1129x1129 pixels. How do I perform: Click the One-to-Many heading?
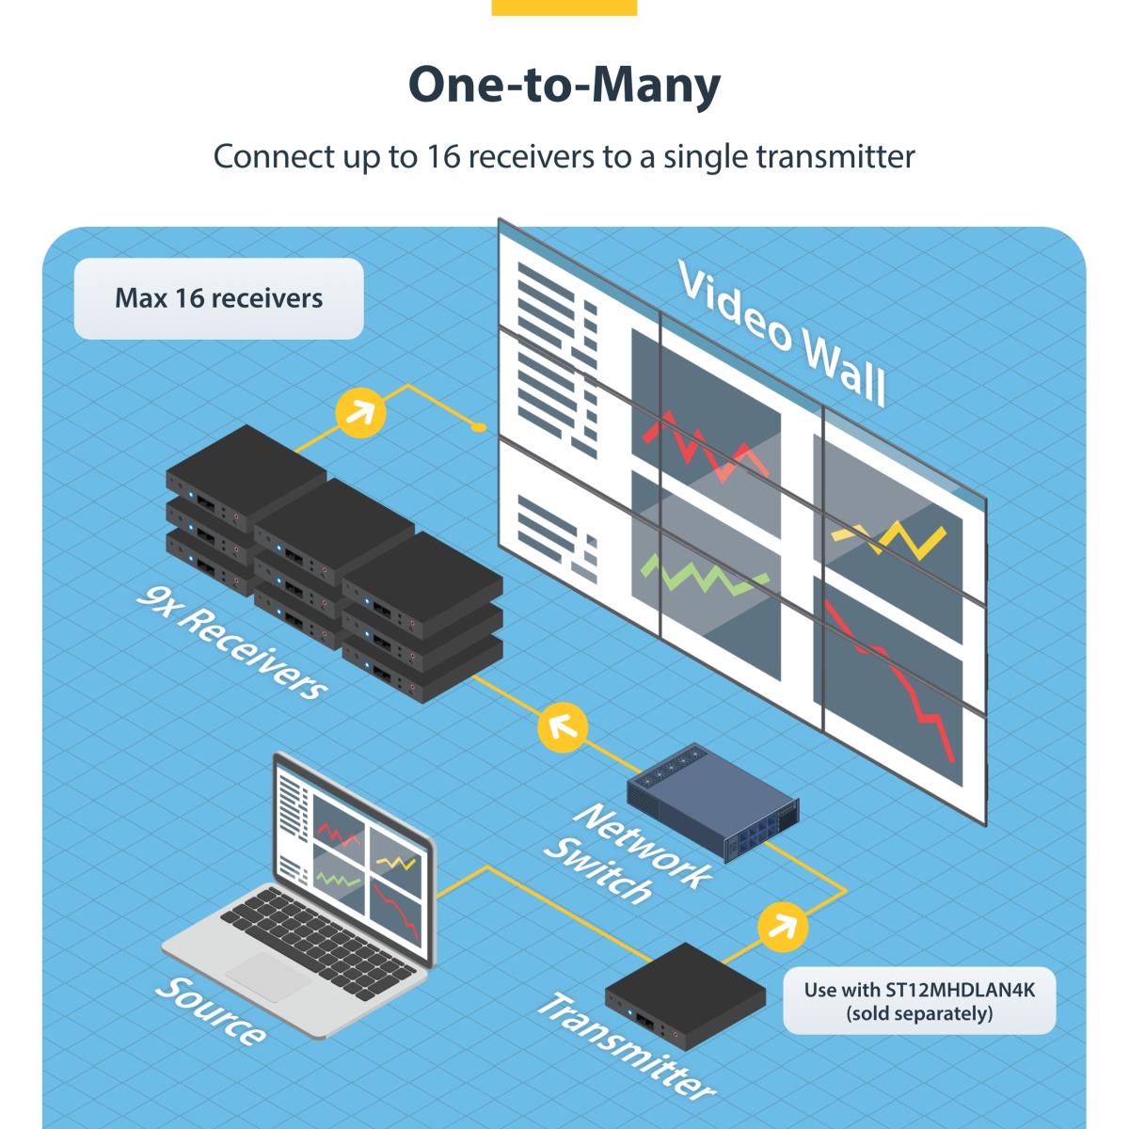point(564,86)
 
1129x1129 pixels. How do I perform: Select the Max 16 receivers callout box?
point(218,299)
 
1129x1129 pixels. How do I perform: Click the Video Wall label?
point(781,334)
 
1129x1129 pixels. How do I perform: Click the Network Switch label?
point(626,851)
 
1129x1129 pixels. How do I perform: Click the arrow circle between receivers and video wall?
point(361,410)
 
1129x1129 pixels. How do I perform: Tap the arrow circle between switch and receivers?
point(562,726)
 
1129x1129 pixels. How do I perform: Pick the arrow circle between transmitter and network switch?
point(782,927)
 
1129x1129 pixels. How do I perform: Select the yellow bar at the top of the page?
point(564,8)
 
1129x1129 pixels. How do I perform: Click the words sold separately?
point(918,1014)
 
